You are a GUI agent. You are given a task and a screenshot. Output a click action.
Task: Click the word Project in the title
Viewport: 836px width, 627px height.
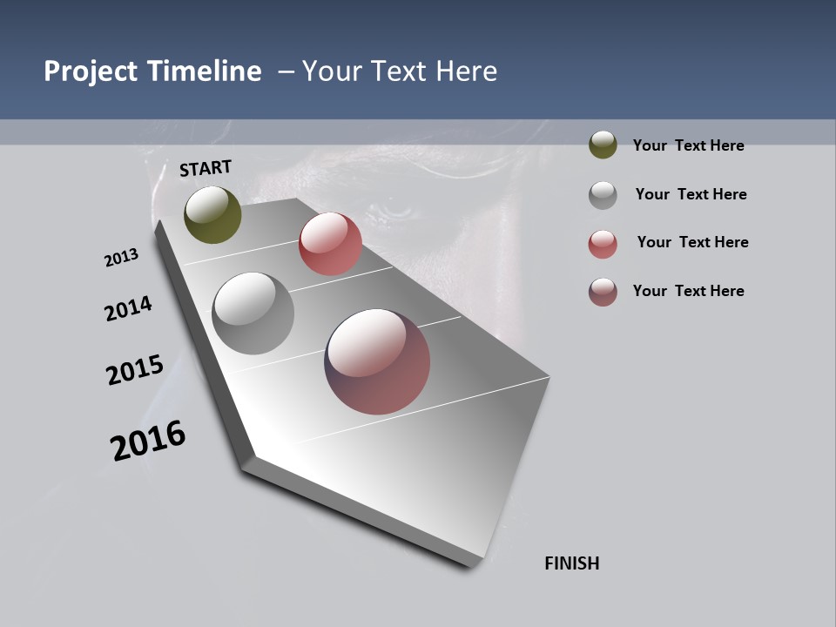[x=91, y=71]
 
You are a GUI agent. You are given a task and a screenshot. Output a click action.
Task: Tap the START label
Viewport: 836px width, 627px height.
[x=206, y=168]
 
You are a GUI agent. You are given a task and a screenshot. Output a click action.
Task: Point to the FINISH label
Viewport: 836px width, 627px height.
[x=571, y=563]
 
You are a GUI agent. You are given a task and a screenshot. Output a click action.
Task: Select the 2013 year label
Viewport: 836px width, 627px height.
[x=121, y=258]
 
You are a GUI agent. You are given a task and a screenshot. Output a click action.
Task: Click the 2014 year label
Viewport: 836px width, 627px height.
[x=128, y=308]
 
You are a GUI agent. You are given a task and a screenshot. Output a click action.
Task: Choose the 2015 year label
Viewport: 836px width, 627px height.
[x=135, y=370]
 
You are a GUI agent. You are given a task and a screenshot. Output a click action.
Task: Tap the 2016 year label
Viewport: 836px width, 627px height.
[x=148, y=441]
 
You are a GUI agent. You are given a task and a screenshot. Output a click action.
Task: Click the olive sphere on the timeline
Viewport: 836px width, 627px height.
[x=212, y=214]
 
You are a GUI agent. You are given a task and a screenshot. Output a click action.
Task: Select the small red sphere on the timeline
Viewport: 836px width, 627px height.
[x=330, y=244]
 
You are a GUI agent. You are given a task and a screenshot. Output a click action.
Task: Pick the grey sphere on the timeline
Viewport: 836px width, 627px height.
[x=253, y=313]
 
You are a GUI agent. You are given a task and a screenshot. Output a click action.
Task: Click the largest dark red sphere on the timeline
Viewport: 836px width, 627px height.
[x=377, y=361]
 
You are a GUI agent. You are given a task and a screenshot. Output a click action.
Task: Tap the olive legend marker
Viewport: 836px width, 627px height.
[x=603, y=145]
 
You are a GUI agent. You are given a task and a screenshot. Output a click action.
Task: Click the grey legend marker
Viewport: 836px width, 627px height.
[x=603, y=195]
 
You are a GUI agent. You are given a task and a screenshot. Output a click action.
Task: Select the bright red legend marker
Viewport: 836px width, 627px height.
[x=603, y=244]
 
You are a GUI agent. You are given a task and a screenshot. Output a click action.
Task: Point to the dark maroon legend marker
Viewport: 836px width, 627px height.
[x=603, y=292]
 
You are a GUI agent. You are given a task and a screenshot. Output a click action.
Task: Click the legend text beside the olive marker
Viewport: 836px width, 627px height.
[x=688, y=146]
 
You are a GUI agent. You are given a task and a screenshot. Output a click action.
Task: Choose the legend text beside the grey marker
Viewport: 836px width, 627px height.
[x=691, y=194]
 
